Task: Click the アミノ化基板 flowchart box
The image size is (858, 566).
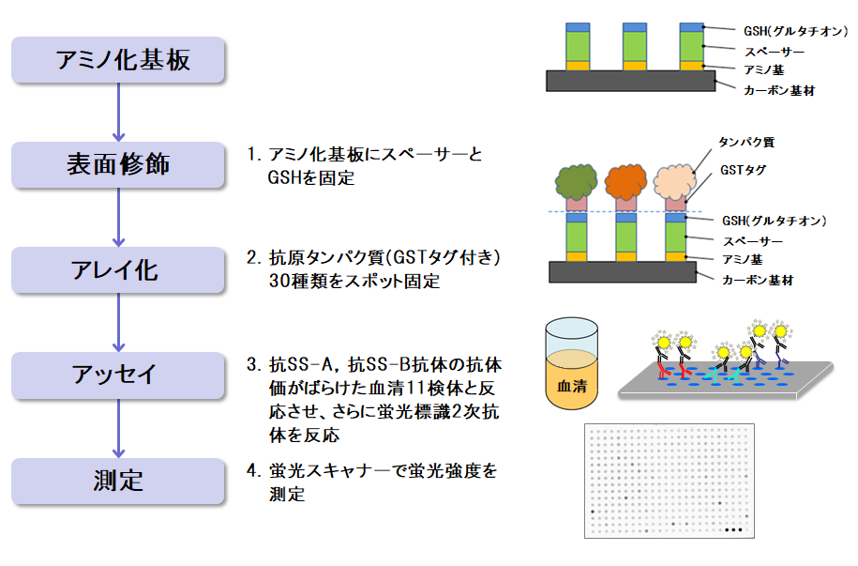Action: (x=118, y=60)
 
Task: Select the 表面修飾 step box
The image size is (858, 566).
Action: (x=118, y=164)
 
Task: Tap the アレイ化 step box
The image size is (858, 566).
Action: (x=118, y=269)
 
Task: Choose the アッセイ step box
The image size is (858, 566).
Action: (x=118, y=375)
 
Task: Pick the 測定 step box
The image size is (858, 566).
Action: (x=118, y=482)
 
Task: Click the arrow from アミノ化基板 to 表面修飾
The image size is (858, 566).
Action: (x=118, y=113)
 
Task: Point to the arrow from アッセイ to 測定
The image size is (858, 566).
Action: (x=118, y=428)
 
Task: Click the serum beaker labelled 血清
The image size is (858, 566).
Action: (x=571, y=363)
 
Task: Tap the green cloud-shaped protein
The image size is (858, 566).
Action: (x=576, y=181)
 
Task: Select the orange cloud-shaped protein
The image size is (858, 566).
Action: (x=625, y=181)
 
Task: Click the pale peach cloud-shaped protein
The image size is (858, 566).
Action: (x=675, y=181)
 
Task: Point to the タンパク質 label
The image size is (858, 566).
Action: (x=746, y=143)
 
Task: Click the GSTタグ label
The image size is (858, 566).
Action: (x=743, y=170)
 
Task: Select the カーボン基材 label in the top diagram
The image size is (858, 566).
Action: (x=779, y=90)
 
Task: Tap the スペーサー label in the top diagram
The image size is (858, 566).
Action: (x=775, y=52)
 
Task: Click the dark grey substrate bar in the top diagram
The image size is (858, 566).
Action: (x=630, y=81)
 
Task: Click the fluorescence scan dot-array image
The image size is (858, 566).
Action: (x=670, y=481)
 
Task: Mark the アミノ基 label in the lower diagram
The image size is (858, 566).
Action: (x=742, y=259)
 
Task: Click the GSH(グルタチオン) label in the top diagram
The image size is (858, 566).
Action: (x=795, y=31)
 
